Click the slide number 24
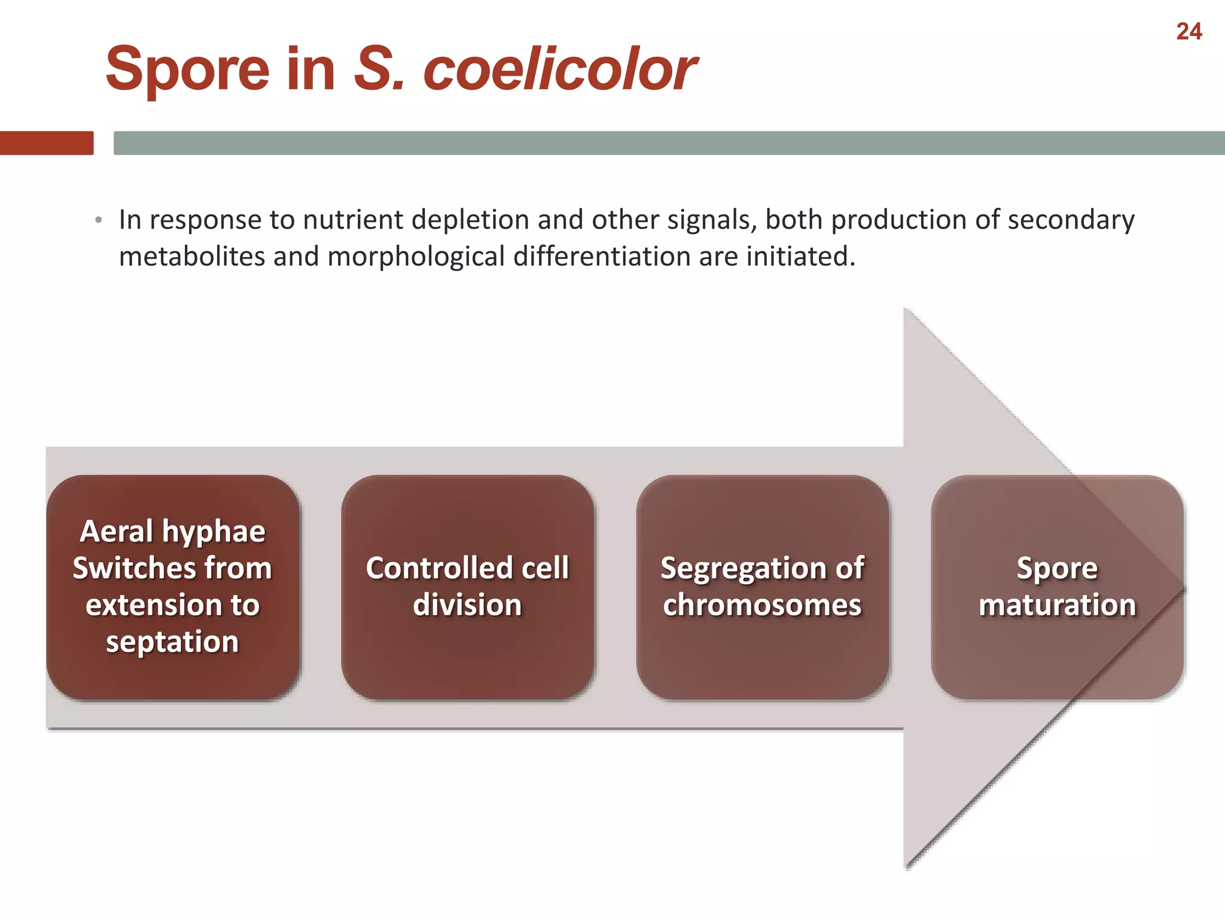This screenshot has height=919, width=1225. click(x=1189, y=32)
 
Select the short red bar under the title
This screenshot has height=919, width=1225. click(x=47, y=143)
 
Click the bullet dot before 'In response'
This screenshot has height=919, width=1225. click(x=99, y=221)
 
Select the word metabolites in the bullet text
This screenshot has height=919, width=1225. click(x=192, y=257)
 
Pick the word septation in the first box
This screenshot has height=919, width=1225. click(x=172, y=641)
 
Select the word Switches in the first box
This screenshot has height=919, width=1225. click(x=122, y=568)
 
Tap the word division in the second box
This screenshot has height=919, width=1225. click(x=467, y=605)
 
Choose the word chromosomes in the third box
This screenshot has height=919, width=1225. click(x=762, y=605)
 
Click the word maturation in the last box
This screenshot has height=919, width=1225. click(x=1057, y=605)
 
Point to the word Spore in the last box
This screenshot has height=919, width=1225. click(x=1057, y=568)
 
